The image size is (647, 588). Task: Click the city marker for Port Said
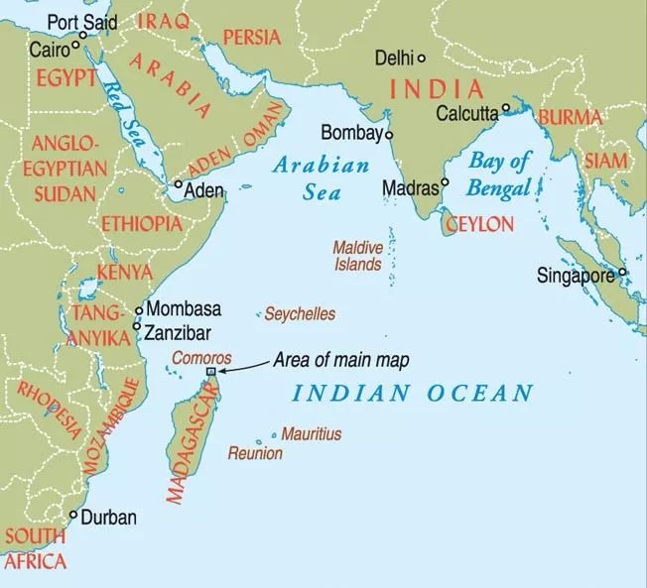83,35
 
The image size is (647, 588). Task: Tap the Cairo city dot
75,45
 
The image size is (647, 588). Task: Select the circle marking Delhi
421,58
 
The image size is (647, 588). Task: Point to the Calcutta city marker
506,109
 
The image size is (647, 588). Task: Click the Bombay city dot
389,134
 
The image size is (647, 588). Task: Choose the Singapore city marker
622,273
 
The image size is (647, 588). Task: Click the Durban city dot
72,515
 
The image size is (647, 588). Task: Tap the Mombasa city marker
138,309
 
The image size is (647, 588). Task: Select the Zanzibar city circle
136,325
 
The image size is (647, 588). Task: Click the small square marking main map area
210,372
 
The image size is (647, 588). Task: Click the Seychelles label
300,314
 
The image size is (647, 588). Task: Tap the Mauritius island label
311,434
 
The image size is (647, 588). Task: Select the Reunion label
255,453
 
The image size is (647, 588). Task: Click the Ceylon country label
480,224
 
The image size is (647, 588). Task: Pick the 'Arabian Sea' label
321,177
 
